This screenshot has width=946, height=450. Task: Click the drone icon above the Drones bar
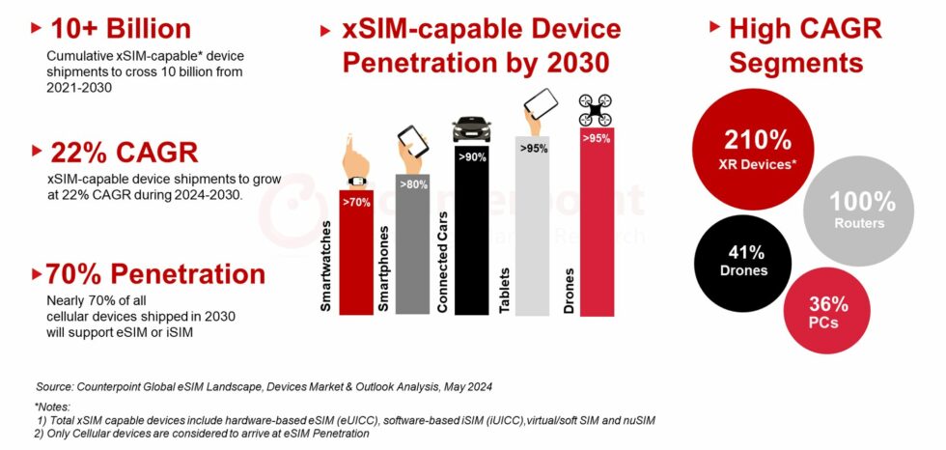click(597, 110)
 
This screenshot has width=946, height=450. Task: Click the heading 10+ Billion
click(121, 28)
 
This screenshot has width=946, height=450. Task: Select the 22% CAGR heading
click(122, 152)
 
